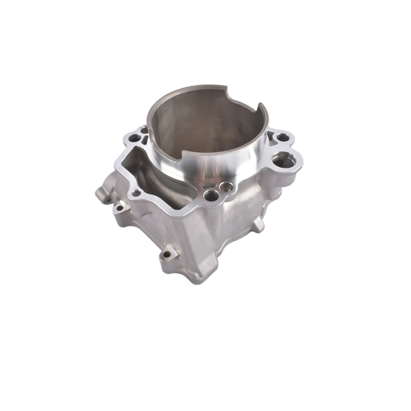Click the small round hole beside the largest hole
[283, 137]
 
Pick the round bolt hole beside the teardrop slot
[134, 138]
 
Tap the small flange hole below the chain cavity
[137, 192]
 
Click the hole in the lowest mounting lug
[167, 256]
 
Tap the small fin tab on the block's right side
[258, 224]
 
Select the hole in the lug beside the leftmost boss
[120, 206]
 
